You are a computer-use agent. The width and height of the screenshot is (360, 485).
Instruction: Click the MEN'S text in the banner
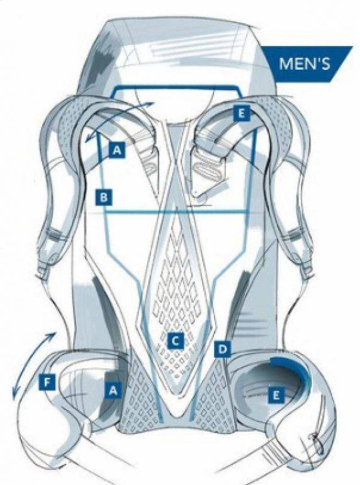[305, 64]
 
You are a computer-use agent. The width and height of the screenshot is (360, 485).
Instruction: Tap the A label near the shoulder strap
[117, 150]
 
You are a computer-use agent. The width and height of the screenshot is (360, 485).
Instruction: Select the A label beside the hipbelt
[113, 390]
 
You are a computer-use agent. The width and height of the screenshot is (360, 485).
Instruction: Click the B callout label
[104, 197]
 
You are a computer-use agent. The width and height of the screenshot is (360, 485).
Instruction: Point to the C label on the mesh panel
[175, 341]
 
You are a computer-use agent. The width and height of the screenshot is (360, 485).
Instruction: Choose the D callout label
[222, 350]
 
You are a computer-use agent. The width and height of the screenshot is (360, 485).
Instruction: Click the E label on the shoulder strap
[241, 113]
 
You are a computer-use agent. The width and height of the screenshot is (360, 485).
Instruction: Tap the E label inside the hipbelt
[276, 395]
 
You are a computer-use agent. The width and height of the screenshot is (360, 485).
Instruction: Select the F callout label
[47, 382]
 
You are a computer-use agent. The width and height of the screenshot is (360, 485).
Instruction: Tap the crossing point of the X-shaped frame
[177, 161]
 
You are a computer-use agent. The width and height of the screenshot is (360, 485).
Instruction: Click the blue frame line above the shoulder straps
[177, 88]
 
